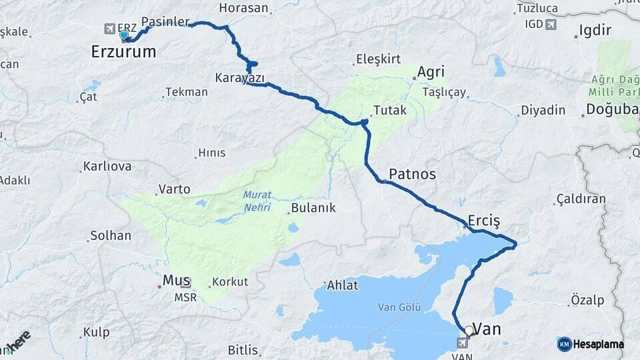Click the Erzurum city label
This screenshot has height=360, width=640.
123,51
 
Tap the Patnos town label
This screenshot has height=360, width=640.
412,174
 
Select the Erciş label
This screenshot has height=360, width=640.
484,220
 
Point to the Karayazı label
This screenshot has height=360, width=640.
239,78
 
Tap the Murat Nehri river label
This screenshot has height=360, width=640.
257,201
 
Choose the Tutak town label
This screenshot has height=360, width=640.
389,111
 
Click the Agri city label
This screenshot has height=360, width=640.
431,71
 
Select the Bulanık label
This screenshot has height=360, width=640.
313,208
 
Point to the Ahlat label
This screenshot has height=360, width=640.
343,285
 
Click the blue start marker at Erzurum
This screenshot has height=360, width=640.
123,35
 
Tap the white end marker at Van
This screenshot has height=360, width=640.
469,330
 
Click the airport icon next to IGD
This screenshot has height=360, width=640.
551,25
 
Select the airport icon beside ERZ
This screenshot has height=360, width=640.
109,29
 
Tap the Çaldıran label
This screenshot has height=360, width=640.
581,199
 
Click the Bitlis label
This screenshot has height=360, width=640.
243,349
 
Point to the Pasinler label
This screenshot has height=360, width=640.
165,21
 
